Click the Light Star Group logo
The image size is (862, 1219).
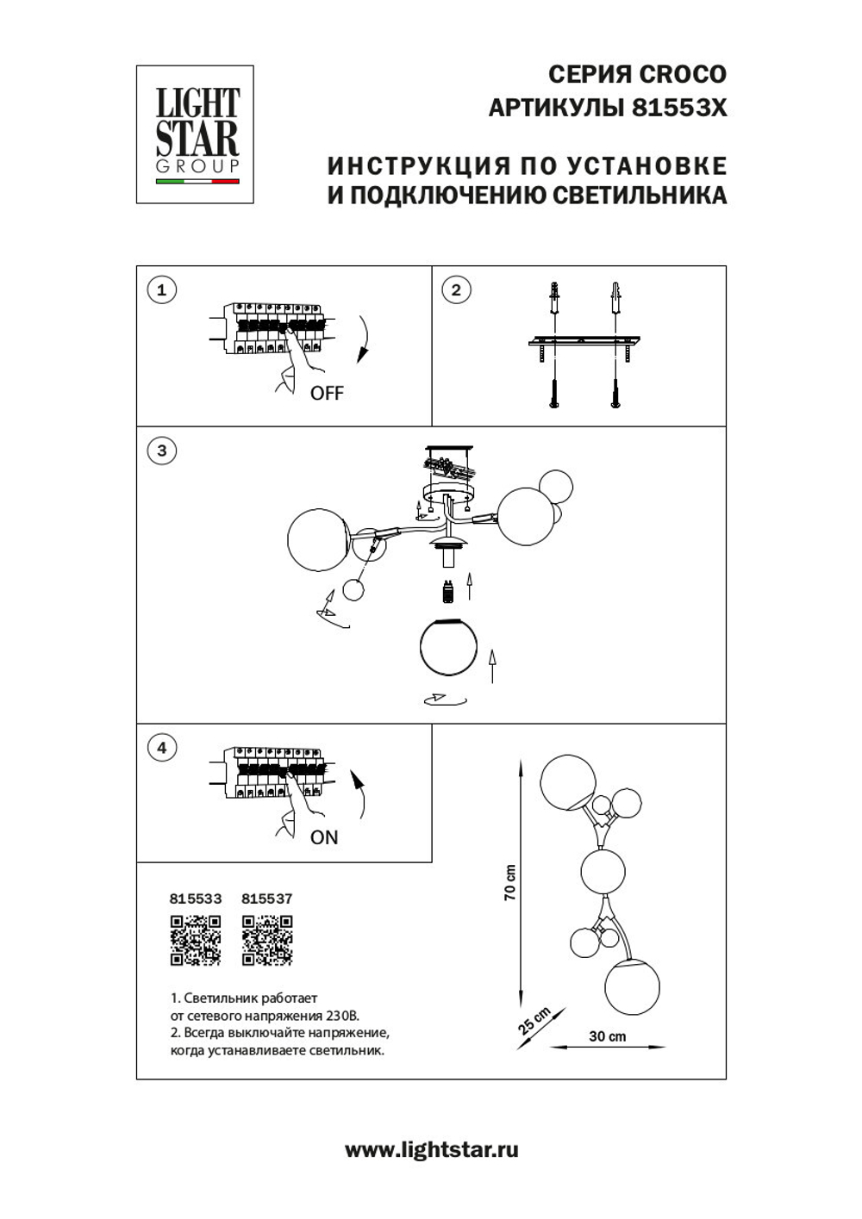tap(195, 134)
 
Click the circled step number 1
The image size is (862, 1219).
tap(161, 289)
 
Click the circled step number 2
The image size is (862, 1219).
tap(456, 289)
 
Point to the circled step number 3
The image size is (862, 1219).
tap(161, 451)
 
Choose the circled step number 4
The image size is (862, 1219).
tap(161, 747)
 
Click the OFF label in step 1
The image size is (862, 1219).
tap(327, 394)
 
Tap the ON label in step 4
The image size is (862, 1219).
tap(324, 837)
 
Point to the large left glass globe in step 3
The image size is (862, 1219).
tap(316, 538)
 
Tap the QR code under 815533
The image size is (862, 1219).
tap(195, 940)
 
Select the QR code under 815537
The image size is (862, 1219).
tap(267, 940)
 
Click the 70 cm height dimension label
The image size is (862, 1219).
tap(509, 882)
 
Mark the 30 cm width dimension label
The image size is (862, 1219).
tap(608, 1036)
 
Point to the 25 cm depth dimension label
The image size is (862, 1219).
tap(534, 1021)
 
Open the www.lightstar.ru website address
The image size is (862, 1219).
tap(431, 1149)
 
